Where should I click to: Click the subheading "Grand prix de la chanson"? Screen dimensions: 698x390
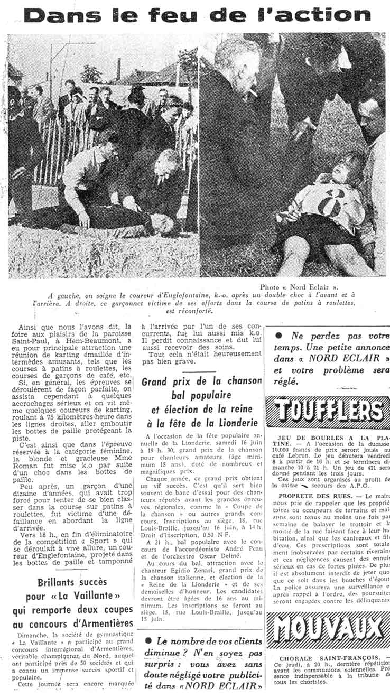tap(202, 381)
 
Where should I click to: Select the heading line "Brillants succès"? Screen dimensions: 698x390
tap(72, 582)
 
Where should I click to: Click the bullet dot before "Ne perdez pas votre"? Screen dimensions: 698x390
tap(278, 336)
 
